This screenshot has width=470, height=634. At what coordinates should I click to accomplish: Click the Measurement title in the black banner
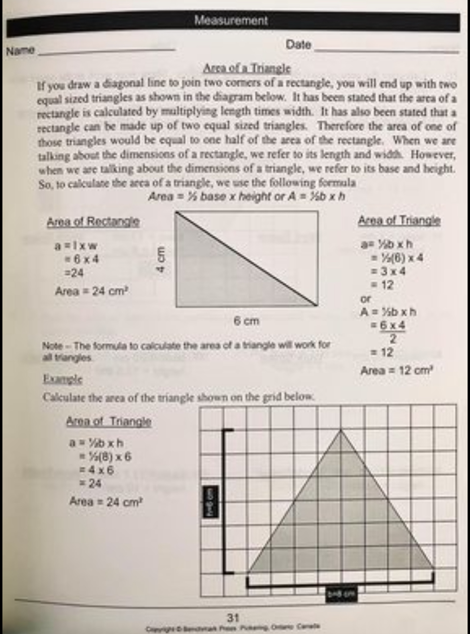[x=231, y=20]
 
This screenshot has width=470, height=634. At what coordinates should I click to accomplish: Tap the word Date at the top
[x=298, y=45]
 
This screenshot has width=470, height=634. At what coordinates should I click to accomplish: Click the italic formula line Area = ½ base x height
[x=247, y=196]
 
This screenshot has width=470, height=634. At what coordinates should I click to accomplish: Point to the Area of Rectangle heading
[x=93, y=222]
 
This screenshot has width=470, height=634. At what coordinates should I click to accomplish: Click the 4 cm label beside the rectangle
[x=161, y=259]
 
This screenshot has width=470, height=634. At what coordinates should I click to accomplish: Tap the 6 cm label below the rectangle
[x=247, y=321]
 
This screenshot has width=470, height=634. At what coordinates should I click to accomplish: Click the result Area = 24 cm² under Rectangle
[x=91, y=291]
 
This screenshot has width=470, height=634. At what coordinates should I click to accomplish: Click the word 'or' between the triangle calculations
[x=366, y=299]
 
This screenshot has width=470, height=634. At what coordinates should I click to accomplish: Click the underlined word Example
[x=62, y=379]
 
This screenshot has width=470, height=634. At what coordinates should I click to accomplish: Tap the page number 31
[x=233, y=617]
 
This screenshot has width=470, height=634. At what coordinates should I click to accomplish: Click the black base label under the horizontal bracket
[x=341, y=593]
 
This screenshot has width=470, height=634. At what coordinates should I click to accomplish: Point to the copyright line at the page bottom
[x=233, y=627]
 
